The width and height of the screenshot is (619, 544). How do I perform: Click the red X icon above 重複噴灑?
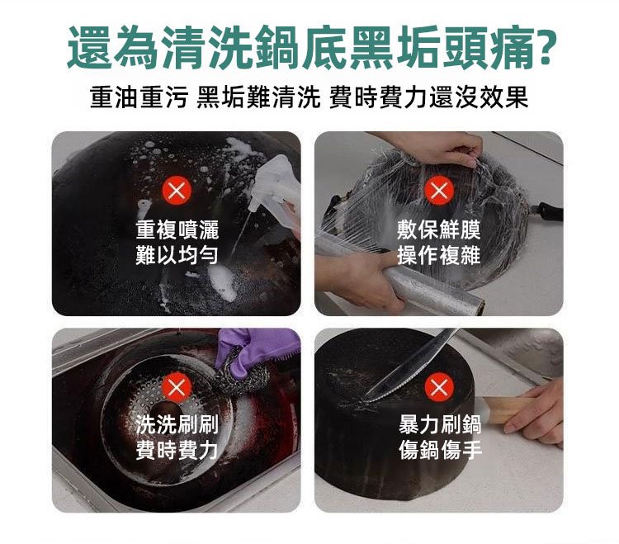(x=177, y=191)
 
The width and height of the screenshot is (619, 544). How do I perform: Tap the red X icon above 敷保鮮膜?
(x=438, y=191)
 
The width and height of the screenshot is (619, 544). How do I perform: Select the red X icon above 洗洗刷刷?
(x=177, y=387)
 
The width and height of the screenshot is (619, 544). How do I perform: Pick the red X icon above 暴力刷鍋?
(x=438, y=387)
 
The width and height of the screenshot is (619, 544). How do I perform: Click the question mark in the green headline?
(x=546, y=46)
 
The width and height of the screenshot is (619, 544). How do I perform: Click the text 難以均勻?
(x=177, y=254)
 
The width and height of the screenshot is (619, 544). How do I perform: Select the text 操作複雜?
(x=438, y=254)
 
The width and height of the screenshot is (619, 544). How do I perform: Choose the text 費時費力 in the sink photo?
(x=177, y=449)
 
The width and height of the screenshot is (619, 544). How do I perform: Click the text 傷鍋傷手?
(x=440, y=449)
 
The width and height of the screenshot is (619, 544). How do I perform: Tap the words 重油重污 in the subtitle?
(x=138, y=97)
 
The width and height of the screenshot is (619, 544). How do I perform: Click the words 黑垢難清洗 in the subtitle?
(x=258, y=97)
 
